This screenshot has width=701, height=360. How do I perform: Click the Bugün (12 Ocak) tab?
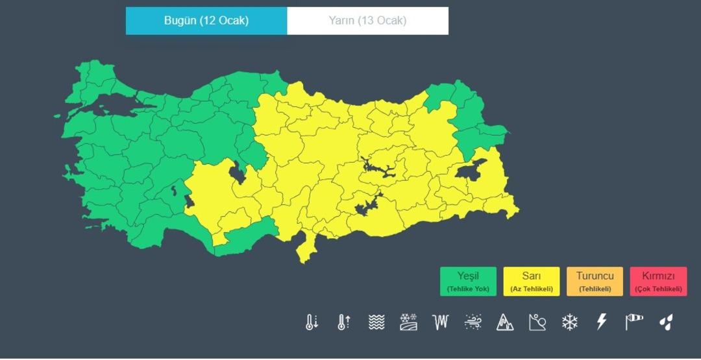(206, 21)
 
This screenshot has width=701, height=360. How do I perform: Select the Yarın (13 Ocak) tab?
(367, 21)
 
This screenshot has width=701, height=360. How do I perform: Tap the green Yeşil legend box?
(468, 282)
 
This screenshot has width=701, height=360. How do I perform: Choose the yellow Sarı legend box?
(531, 282)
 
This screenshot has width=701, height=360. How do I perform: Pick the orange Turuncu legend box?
(595, 282)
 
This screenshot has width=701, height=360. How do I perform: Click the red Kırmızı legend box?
(658, 282)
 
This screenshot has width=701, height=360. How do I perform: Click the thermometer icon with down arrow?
(312, 322)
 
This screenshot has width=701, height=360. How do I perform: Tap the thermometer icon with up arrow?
(344, 322)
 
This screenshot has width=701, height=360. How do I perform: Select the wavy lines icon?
(376, 322)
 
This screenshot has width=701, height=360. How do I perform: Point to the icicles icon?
(441, 322)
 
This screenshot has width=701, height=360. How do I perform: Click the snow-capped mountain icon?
(505, 322)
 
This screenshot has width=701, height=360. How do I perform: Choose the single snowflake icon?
(569, 322)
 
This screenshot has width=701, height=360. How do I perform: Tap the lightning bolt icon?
(602, 322)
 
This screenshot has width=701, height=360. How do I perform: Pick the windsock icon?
(634, 322)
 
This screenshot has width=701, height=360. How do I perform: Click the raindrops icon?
(666, 322)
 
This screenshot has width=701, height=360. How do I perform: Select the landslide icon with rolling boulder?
(537, 322)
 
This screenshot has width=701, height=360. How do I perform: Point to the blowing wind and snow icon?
(473, 322)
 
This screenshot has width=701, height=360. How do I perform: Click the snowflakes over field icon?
(409, 322)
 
